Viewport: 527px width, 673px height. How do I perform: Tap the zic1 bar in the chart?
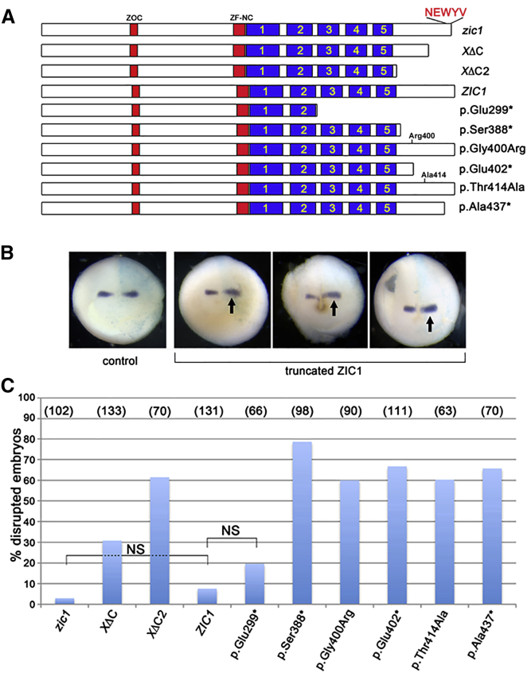69,601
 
